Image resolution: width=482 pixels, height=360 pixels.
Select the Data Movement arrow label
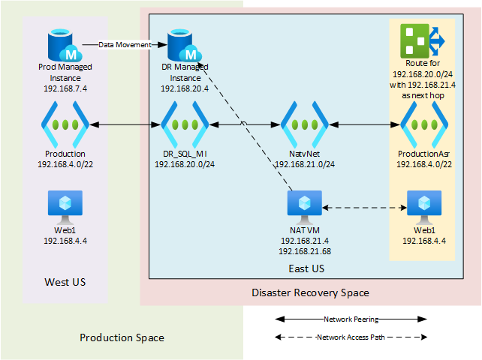tap(125, 45)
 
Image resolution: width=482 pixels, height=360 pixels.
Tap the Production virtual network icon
tap(65, 124)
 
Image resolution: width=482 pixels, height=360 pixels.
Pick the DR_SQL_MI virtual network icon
tap(185, 124)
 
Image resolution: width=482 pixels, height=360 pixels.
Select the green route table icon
tap(422, 40)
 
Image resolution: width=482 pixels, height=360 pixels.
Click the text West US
tap(65, 283)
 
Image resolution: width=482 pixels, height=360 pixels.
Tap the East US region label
tap(306, 268)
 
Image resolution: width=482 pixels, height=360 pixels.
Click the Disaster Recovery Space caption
tap(310, 292)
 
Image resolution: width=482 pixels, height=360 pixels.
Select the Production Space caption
tap(122, 338)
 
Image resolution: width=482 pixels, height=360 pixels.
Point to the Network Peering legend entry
tap(351, 319)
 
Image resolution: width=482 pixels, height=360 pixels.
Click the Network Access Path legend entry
tap(351, 337)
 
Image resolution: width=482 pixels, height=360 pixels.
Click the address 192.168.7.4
tap(65, 88)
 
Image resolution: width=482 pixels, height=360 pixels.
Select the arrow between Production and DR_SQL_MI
tap(125, 124)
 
